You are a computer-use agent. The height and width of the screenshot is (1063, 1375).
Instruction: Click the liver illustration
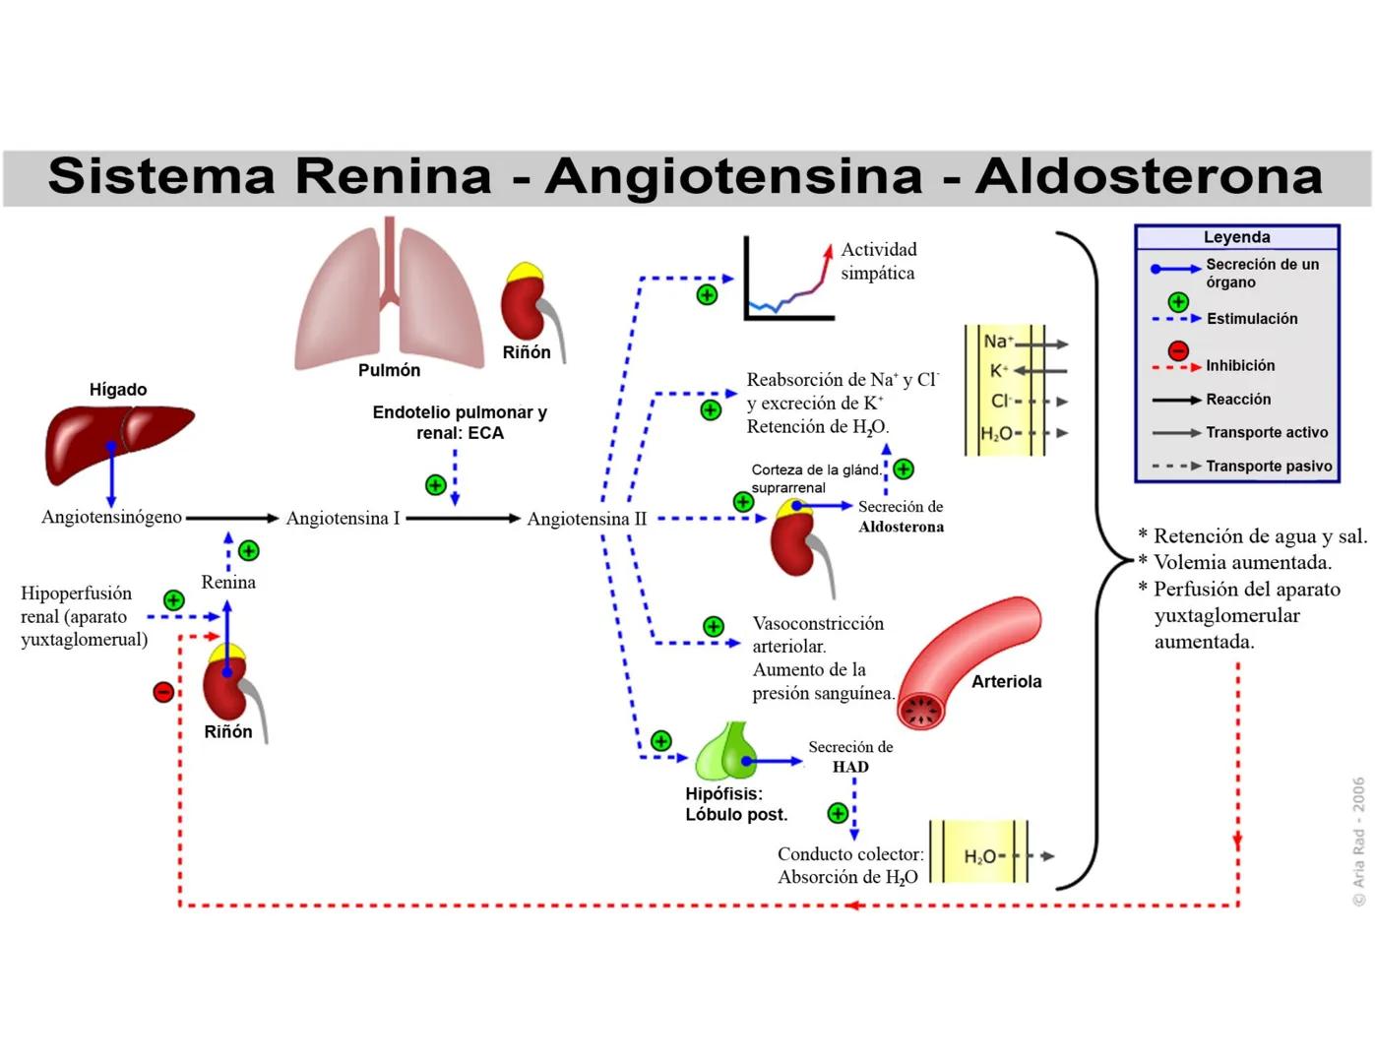[116, 443]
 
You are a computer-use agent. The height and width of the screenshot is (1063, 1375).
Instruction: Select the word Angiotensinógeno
[111, 517]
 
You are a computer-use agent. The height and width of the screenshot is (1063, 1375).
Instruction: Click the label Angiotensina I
[343, 519]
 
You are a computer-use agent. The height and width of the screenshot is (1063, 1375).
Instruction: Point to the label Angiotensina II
[587, 519]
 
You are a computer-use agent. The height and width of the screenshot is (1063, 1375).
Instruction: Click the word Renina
[228, 582]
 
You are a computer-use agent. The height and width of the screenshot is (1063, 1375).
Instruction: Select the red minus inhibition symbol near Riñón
[163, 692]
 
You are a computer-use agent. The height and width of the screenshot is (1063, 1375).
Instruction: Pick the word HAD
[850, 767]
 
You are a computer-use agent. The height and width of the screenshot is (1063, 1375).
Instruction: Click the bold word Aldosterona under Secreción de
[901, 527]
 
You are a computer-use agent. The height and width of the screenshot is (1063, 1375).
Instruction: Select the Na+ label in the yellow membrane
[997, 342]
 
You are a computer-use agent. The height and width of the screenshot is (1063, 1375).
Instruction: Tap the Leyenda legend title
[1236, 237]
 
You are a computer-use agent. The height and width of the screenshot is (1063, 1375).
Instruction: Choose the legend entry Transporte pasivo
[1269, 466]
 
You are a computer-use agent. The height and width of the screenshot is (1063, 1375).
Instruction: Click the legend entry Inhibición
[1240, 365]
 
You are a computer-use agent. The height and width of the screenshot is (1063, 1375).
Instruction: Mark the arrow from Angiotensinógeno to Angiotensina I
[232, 518]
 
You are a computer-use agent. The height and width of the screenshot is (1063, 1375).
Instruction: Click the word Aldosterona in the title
[1149, 177]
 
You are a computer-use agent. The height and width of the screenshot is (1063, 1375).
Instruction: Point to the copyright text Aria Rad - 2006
[1358, 842]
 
